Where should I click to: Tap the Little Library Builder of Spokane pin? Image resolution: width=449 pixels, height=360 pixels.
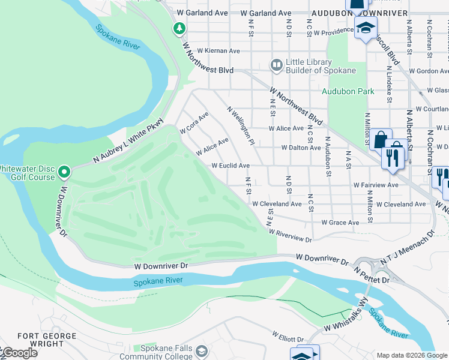pos(276,65)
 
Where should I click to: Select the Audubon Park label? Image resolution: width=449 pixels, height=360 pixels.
pos(348,91)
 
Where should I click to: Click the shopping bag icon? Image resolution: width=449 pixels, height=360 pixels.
pos(381,140)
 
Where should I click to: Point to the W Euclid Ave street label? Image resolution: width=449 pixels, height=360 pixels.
pos(230,166)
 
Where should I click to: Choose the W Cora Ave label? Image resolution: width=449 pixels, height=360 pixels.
pos(194,122)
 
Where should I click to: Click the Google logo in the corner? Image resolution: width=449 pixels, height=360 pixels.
pos(19,353)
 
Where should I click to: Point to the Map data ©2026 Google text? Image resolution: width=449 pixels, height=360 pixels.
pos(411,355)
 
